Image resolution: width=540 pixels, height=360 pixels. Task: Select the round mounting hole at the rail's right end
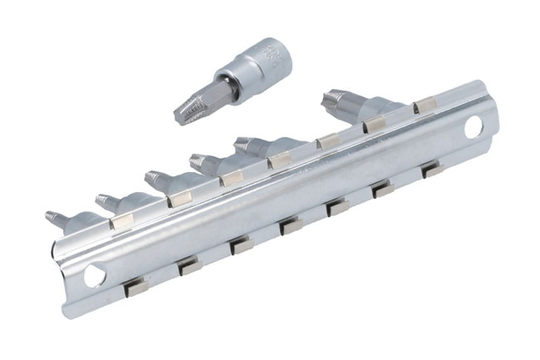click(474, 127)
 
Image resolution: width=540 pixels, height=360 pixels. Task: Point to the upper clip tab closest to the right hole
click(424, 103)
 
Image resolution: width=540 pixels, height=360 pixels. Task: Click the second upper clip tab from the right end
click(376, 123)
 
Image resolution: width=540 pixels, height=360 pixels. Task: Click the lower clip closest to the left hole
click(138, 286)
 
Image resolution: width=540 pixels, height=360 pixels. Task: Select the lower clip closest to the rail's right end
click(431, 170)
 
